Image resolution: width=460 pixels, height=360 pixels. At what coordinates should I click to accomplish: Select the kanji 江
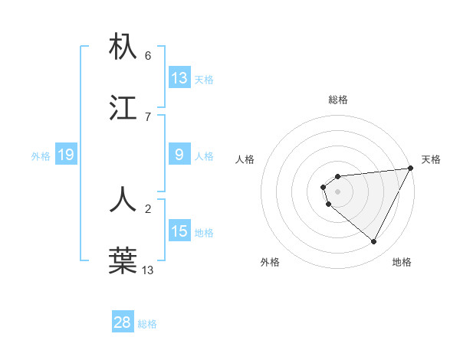pos(123,107)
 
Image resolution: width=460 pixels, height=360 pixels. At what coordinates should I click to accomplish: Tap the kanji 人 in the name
pos(123,198)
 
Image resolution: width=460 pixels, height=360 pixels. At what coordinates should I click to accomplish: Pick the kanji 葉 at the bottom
pos(123,260)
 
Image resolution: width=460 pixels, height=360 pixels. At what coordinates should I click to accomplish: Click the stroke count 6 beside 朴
pos(148,56)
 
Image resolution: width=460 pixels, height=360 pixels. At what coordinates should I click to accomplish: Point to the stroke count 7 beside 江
pos(148,116)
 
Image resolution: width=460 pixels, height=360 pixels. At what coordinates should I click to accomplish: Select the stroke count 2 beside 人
pos(148,208)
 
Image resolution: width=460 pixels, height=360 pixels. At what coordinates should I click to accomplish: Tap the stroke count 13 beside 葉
pos(148,269)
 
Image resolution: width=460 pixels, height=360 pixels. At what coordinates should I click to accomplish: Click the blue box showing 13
pos(179,78)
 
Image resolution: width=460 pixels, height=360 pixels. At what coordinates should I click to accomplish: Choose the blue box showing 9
pos(179,155)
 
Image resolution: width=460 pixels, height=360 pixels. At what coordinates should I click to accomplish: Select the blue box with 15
pos(179,231)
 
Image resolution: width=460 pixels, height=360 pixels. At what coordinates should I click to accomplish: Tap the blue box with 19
pos(66,155)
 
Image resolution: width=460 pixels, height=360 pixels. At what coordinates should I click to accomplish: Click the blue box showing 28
pos(123,322)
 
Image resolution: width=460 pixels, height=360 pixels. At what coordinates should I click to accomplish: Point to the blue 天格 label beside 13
pos(204,80)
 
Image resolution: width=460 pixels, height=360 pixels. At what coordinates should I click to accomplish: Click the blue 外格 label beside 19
pos(41,156)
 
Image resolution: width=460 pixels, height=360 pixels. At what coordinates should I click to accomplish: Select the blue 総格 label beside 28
pos(147,324)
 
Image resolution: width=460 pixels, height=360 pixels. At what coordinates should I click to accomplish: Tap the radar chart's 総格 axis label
pos(338,100)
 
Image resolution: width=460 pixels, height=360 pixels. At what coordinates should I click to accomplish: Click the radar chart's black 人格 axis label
pos(245,159)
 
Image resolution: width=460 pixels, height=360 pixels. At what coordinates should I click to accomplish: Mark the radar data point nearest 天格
pos(412,169)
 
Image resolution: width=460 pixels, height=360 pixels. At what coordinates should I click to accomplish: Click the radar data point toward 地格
pos(374,242)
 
